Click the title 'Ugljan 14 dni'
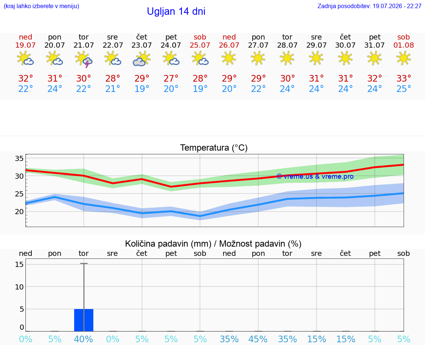[176, 11]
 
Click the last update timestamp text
[369, 6]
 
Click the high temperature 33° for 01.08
[404, 78]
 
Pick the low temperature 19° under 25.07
[200, 89]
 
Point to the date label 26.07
[229, 45]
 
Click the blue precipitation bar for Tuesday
[84, 320]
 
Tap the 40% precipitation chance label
[83, 339]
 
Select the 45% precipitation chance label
[258, 339]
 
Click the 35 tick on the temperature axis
[19, 158]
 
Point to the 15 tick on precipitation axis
[19, 264]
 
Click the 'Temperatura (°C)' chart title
[214, 148]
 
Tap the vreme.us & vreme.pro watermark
[315, 176]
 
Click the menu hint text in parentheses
[41, 6]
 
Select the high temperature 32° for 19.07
[25, 78]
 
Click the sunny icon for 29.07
[316, 58]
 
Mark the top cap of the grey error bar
[84, 263]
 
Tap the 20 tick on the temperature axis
[19, 212]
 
